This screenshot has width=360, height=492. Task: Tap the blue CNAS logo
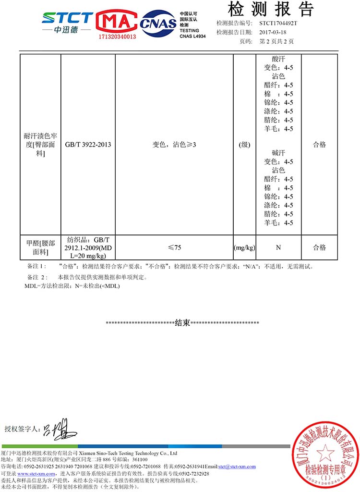(158, 24)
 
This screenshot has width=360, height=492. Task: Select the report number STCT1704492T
(278, 23)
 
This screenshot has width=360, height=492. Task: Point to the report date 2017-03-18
(272, 32)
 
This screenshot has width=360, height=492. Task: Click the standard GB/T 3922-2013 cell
(88, 145)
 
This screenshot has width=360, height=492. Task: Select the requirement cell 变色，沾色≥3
(174, 145)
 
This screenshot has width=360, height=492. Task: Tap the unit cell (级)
(244, 145)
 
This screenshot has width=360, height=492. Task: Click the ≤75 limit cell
(174, 248)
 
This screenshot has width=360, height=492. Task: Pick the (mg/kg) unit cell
(244, 248)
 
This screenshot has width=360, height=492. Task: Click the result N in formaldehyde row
(278, 248)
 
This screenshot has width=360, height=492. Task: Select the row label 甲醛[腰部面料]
(40, 247)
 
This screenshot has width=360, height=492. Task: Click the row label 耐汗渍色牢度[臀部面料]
(40, 145)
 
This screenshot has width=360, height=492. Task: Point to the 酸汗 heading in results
(278, 59)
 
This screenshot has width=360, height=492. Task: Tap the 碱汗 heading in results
(278, 153)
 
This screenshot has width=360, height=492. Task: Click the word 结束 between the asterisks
(182, 323)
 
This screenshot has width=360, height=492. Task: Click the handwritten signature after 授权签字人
(59, 428)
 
